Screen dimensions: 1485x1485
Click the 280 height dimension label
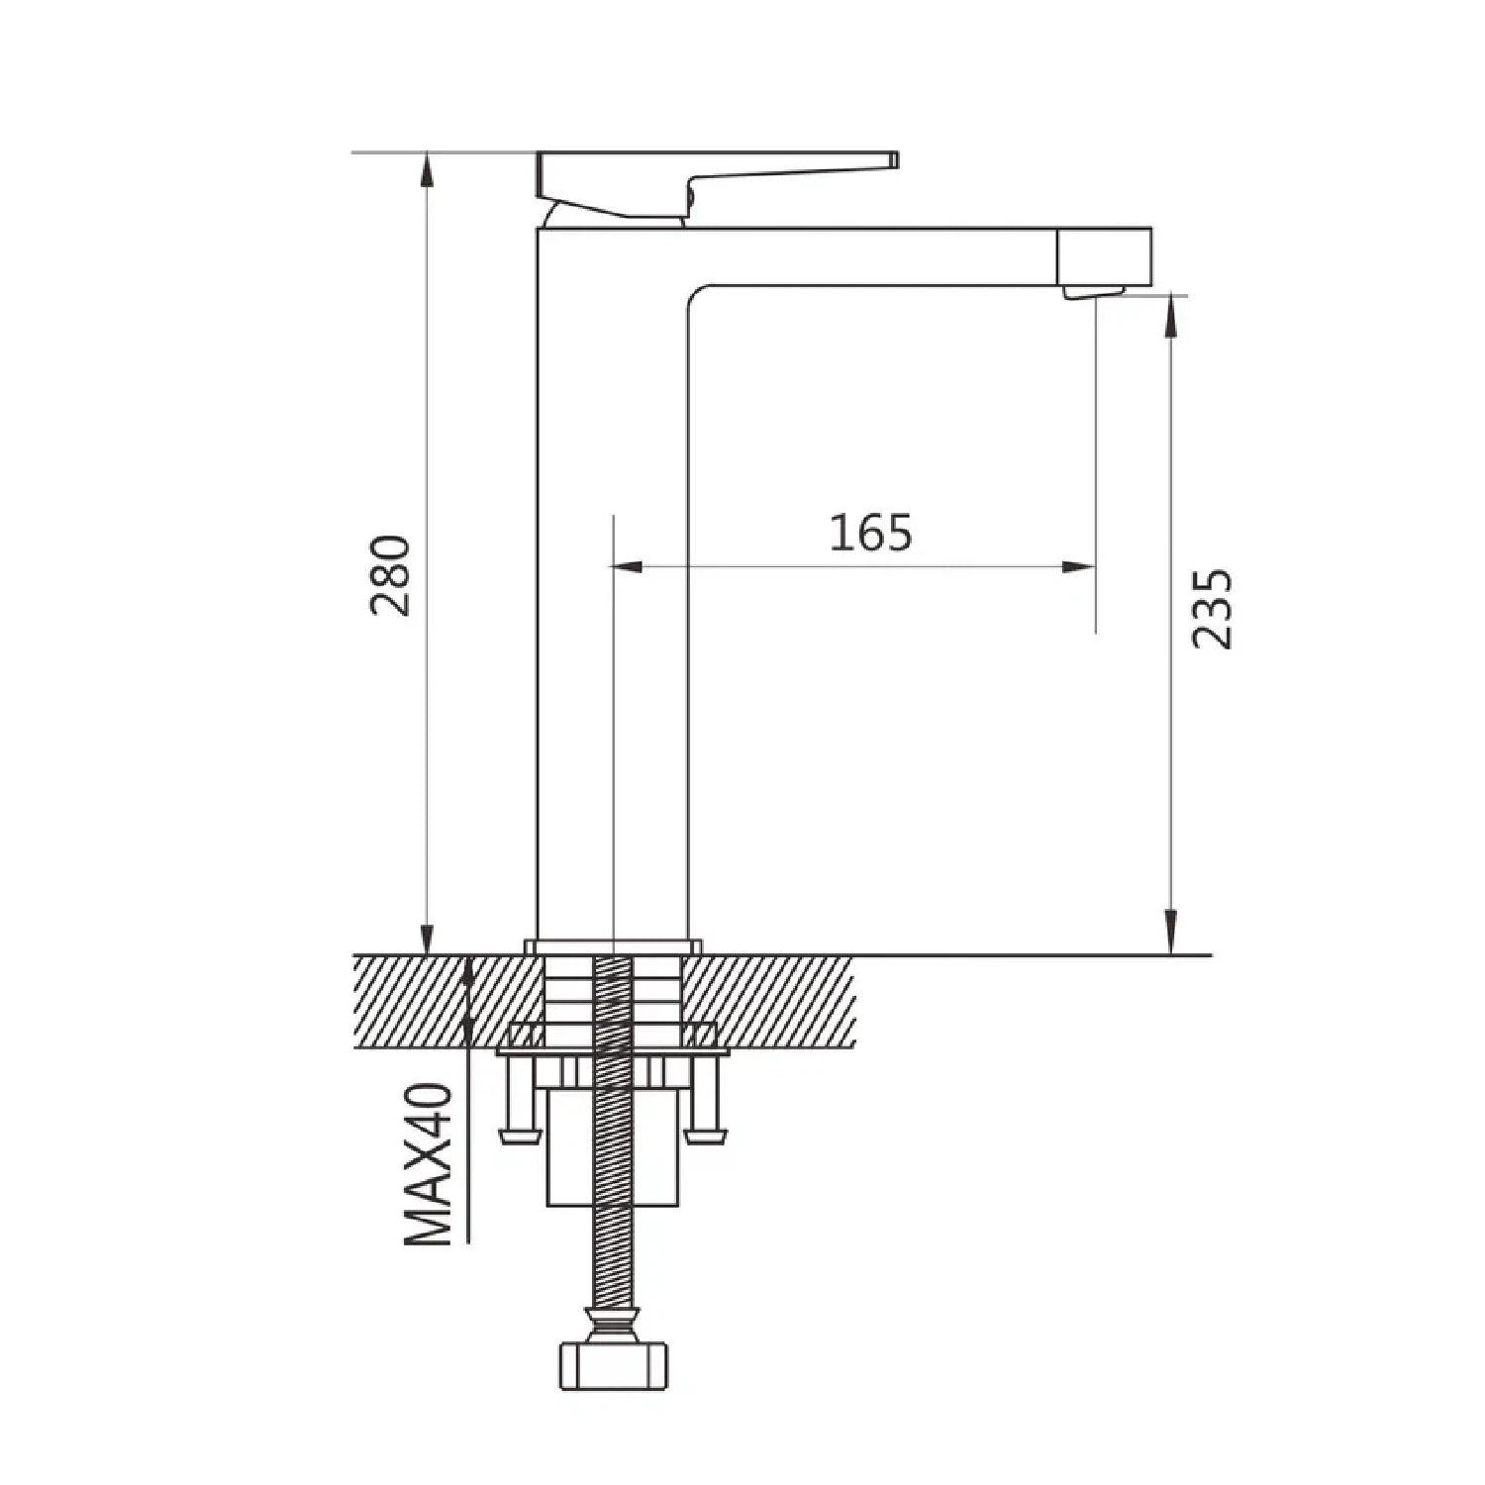pyautogui.click(x=390, y=575)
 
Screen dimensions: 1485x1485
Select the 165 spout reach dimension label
pyautogui.click(x=870, y=533)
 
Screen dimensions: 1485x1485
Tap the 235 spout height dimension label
pyautogui.click(x=1212, y=609)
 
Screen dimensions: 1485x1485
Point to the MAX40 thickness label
pyautogui.click(x=429, y=1164)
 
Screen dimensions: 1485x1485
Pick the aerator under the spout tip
pyautogui.click(x=1093, y=292)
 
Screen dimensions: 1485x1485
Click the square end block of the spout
pyautogui.click(x=1105, y=256)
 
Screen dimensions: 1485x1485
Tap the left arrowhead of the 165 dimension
pyautogui.click(x=627, y=567)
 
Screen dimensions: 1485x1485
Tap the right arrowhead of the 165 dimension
pyautogui.click(x=1080, y=567)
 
